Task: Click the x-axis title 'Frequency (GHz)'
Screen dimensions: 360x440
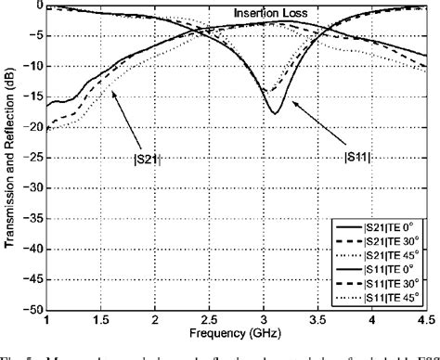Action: [235, 332]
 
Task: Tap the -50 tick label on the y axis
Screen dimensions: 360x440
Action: [33, 311]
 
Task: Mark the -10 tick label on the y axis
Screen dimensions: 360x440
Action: [33, 67]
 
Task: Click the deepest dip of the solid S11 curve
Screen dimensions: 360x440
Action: [275, 113]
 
